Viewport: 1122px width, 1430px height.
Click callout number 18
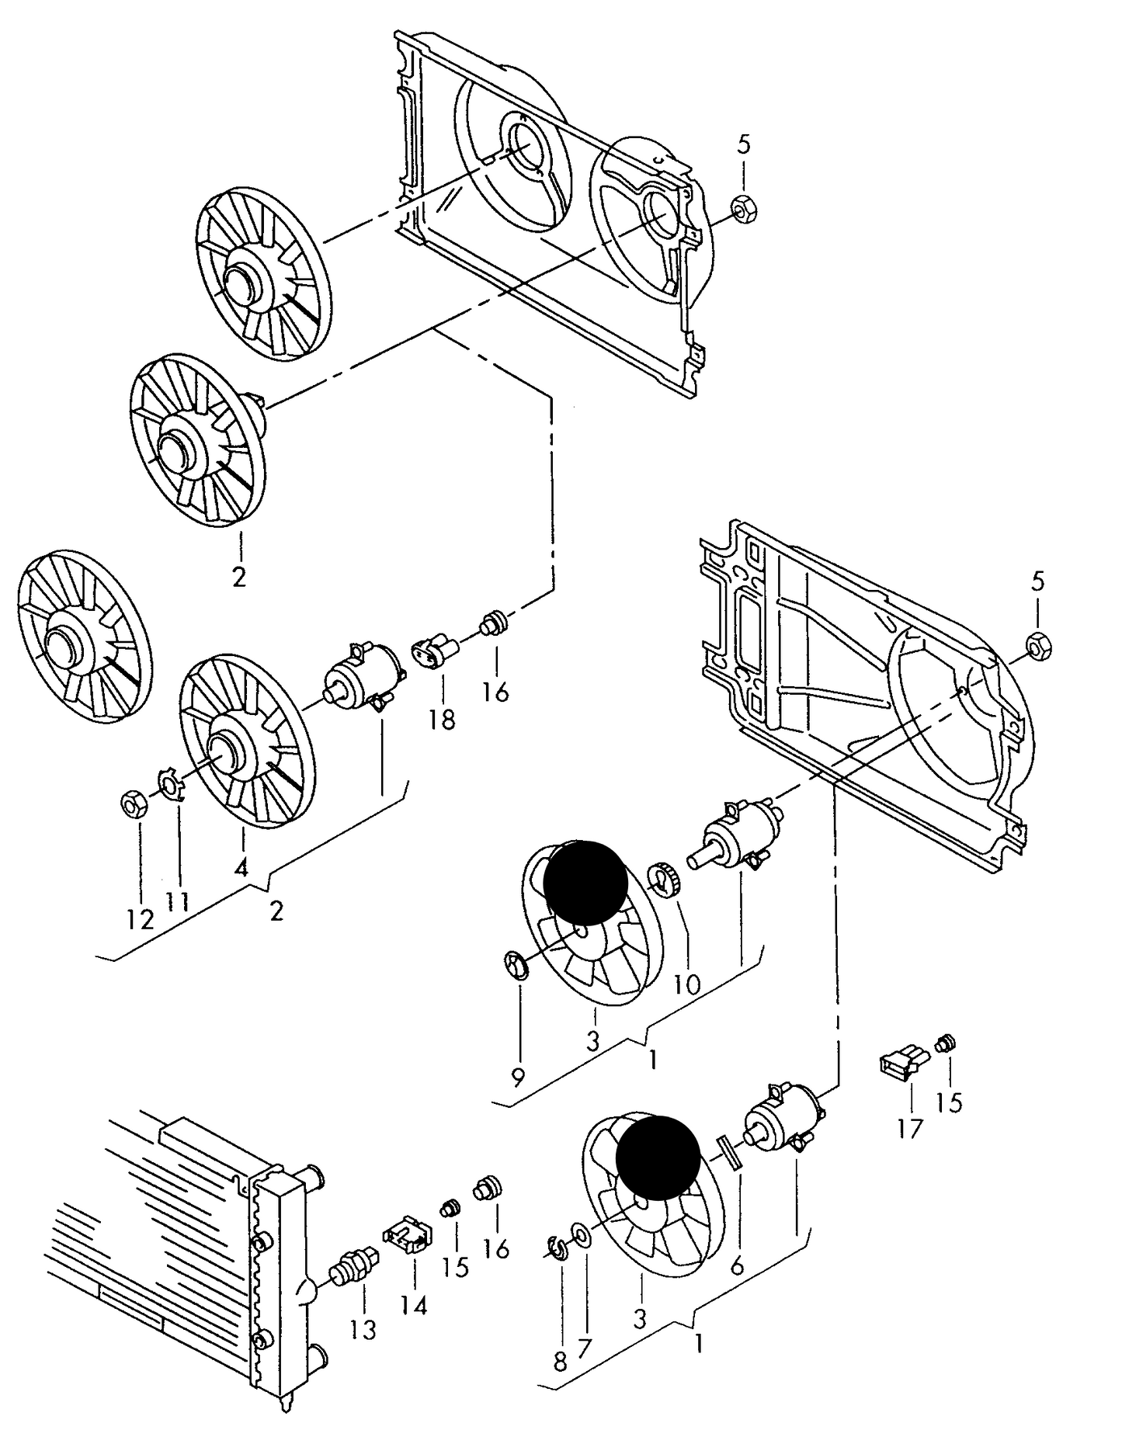[x=441, y=720]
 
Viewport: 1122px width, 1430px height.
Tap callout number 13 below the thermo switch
[x=363, y=1329]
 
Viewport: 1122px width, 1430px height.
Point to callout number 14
[x=414, y=1307]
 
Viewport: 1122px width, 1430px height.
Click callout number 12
[x=141, y=919]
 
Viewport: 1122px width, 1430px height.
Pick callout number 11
[x=177, y=902]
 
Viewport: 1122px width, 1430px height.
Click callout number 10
[x=686, y=985]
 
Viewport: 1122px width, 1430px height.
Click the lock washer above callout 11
[x=168, y=783]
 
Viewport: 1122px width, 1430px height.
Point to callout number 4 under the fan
[x=241, y=867]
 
